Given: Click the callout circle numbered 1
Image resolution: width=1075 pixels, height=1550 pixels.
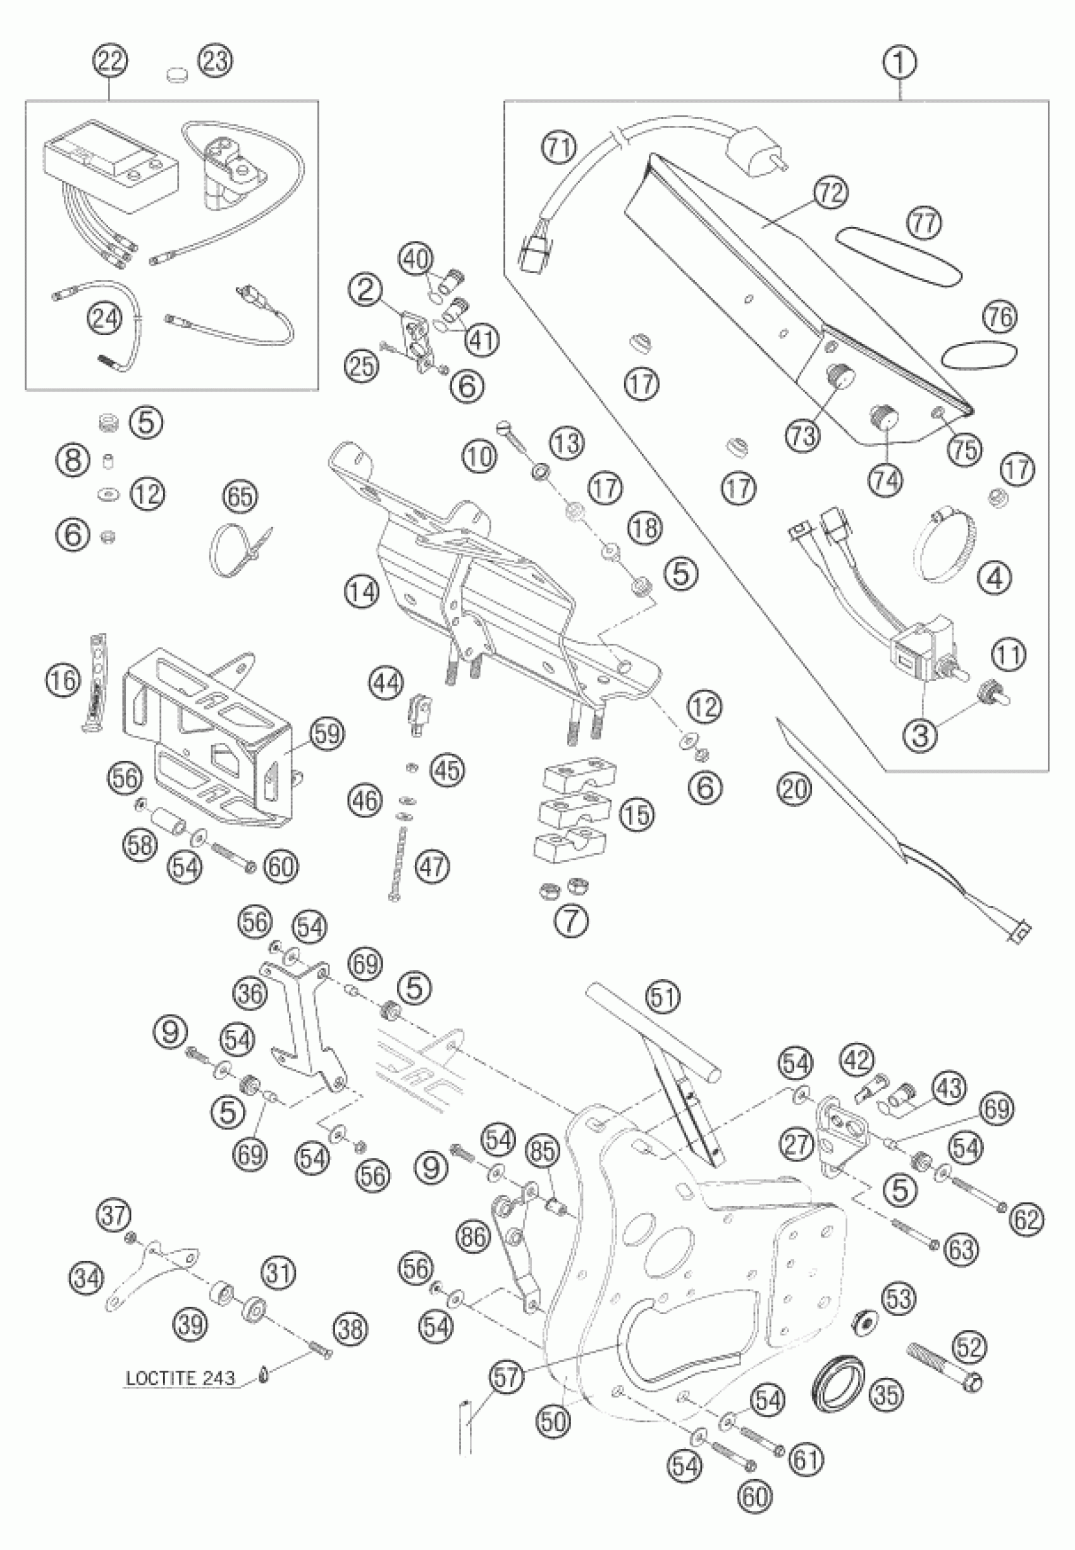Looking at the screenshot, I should [x=900, y=64].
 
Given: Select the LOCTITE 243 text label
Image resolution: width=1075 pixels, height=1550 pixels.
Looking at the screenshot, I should [x=180, y=1377].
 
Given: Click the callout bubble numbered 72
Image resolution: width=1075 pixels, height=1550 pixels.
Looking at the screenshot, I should [x=829, y=194].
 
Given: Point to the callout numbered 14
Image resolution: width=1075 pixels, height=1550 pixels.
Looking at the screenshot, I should [x=362, y=591].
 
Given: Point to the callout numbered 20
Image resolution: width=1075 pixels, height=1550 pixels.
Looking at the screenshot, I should [x=794, y=787].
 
